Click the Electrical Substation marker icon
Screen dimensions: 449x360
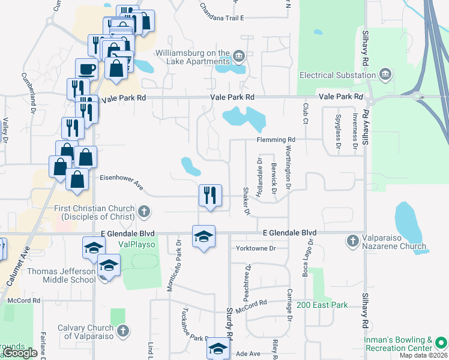(385, 75)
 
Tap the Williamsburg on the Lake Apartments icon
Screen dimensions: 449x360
(239, 57)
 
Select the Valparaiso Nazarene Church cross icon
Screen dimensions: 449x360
(353, 241)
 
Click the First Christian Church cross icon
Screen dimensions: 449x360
(143, 212)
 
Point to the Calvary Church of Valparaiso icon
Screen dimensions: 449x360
(122, 331)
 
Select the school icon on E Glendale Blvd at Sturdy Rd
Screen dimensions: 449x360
(203, 235)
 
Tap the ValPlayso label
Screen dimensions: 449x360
(136, 244)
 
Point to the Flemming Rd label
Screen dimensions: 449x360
(276, 140)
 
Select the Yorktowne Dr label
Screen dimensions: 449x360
(256, 248)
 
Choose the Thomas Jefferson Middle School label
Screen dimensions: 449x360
(61, 275)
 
